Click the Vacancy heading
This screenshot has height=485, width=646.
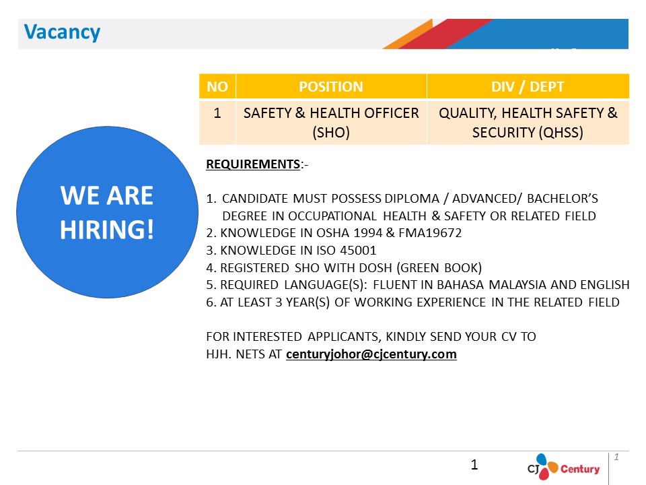coord(62,32)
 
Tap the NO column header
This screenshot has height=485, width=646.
coord(217,87)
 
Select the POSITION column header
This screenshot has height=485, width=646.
coord(331,87)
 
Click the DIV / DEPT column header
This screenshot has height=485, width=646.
coord(528,87)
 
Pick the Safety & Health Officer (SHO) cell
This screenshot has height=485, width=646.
coord(331,123)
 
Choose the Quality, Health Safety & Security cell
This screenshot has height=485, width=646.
coord(528,123)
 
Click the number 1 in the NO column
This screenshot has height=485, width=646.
coord(217,113)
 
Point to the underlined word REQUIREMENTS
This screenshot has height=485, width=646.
coord(253,164)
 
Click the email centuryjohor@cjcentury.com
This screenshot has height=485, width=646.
coord(371,354)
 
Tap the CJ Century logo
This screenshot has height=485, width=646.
coord(563,467)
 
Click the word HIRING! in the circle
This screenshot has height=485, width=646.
coord(107,230)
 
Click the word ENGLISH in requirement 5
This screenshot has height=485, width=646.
coord(605,285)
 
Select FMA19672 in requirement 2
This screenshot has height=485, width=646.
coord(430,233)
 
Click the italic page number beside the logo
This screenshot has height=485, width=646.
coord(616,457)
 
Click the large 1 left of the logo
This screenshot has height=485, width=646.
coord(474,465)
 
